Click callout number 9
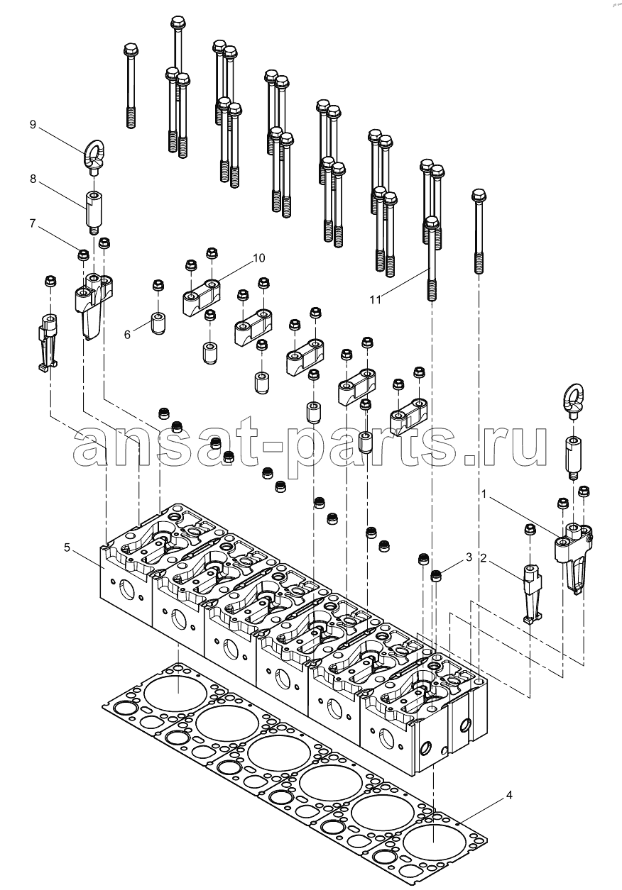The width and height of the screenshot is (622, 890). [x=33, y=125]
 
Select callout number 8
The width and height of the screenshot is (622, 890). [x=33, y=179]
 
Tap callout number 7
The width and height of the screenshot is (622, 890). [x=33, y=223]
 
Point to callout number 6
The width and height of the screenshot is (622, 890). [x=127, y=334]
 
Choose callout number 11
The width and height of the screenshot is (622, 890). [x=376, y=299]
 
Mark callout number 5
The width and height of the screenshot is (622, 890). [x=67, y=547]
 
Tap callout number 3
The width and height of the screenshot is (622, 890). [x=469, y=558]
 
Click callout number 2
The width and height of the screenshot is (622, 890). [x=484, y=558]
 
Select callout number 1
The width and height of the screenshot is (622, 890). [x=485, y=491]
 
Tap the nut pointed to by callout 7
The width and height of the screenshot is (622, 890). [x=83, y=253]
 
